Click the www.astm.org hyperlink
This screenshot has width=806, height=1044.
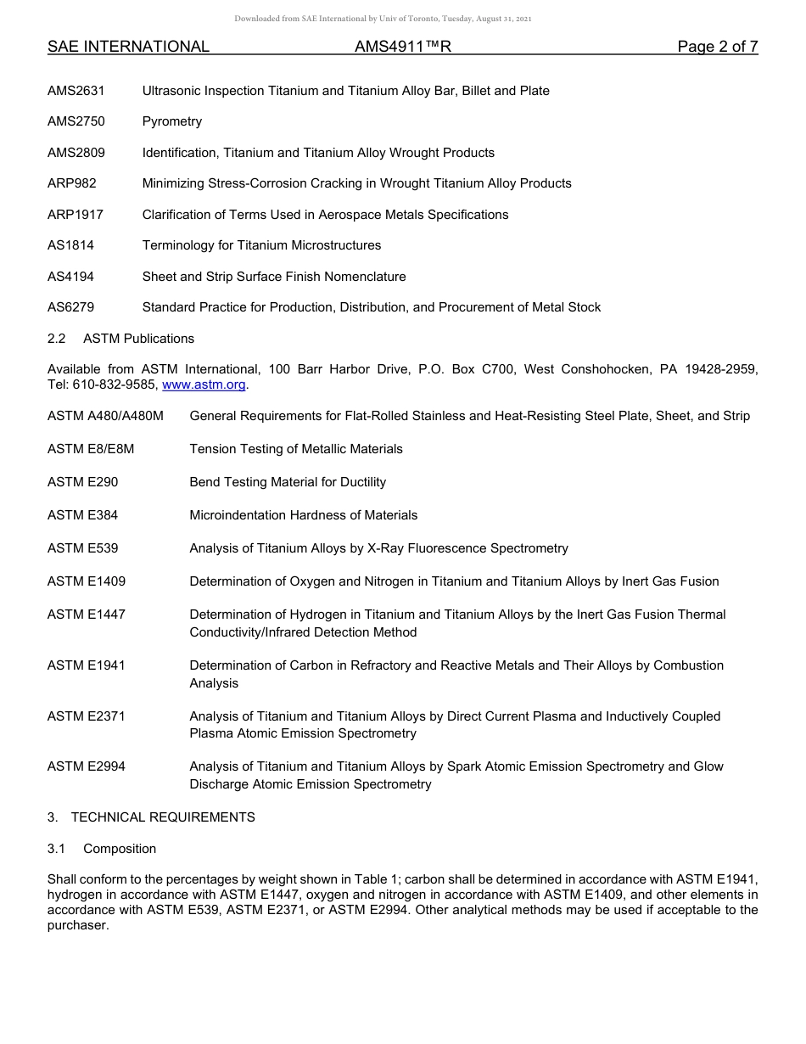[204, 384]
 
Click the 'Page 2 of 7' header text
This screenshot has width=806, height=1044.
[717, 47]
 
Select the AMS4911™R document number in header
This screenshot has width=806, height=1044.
[403, 47]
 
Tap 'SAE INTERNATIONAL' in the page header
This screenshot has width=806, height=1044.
[128, 47]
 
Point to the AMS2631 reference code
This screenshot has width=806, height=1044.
[76, 91]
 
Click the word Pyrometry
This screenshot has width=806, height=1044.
[172, 121]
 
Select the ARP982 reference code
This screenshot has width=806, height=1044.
[72, 183]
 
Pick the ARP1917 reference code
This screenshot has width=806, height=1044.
[76, 215]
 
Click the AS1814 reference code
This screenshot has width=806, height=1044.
[71, 245]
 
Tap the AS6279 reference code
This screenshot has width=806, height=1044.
[71, 307]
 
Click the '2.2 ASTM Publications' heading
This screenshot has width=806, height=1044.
[120, 339]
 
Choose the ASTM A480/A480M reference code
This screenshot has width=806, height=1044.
[105, 416]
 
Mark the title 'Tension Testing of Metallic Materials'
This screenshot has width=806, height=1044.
[296, 449]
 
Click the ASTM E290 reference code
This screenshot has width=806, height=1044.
[83, 482]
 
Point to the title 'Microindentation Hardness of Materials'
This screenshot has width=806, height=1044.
[304, 515]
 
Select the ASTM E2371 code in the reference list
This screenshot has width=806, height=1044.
[87, 716]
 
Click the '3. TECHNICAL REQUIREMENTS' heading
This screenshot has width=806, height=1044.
[151, 817]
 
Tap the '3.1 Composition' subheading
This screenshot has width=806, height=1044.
[102, 849]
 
